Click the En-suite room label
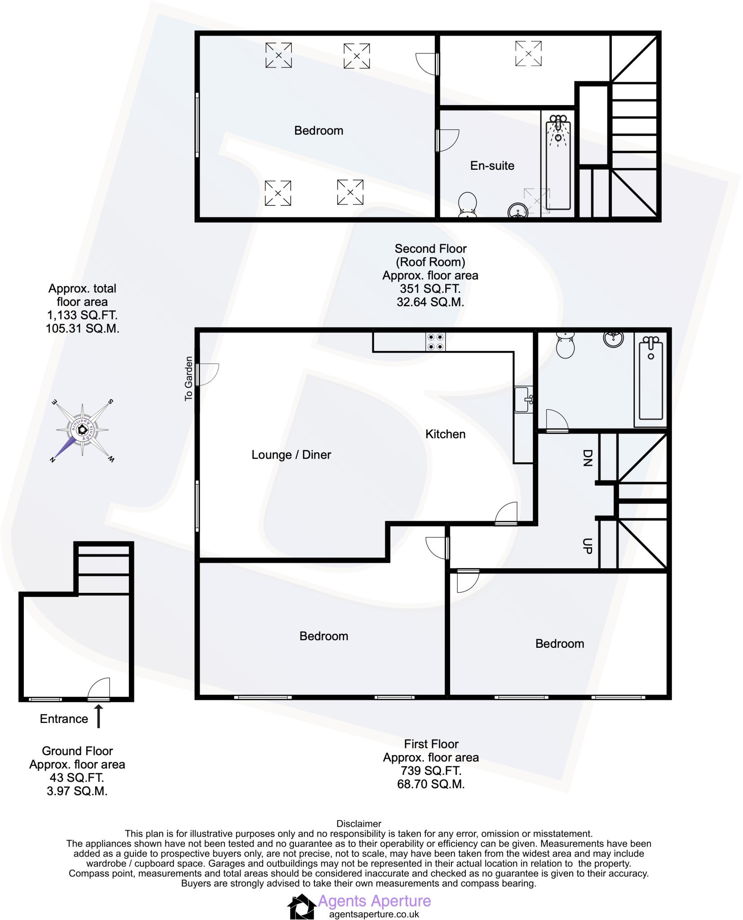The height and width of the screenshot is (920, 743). click(492, 166)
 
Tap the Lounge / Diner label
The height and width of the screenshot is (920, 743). click(291, 455)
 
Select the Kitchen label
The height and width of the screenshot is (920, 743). click(445, 434)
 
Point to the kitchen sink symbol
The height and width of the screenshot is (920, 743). click(523, 399)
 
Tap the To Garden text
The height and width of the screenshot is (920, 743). click(189, 378)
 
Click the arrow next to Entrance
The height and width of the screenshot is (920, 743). click(98, 717)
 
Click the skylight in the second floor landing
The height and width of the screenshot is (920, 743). click(528, 53)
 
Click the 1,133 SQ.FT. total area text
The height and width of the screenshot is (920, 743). click(82, 315)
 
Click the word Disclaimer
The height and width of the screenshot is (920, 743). click(358, 824)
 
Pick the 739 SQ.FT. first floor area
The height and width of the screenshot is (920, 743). click(431, 771)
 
